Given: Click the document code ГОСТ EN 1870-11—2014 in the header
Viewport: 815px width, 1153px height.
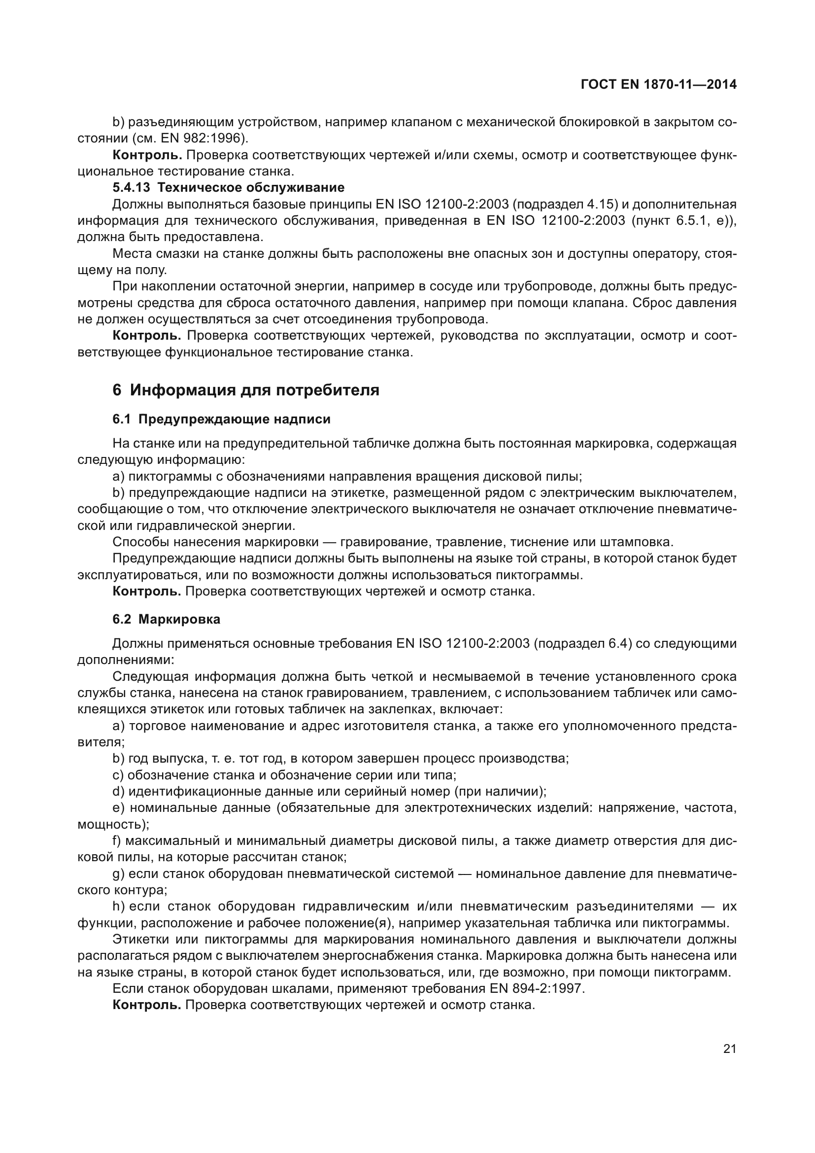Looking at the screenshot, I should point(658,84).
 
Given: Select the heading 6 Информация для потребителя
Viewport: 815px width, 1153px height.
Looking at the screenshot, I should point(246,390).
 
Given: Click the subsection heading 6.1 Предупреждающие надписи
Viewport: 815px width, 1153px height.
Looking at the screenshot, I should point(221,419).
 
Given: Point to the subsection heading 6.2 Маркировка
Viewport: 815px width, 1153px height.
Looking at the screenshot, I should point(166,619).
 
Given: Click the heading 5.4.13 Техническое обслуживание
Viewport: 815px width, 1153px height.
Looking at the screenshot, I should point(228,188).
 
